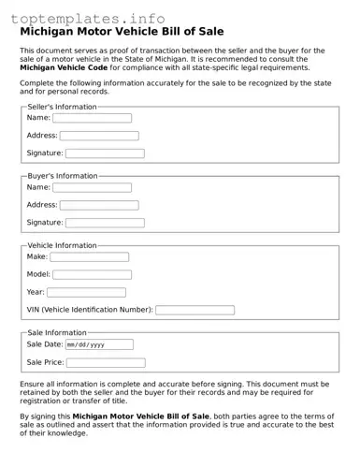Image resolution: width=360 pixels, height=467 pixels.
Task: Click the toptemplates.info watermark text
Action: click(x=88, y=19)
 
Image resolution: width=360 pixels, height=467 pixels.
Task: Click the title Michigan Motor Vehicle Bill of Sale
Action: click(x=122, y=32)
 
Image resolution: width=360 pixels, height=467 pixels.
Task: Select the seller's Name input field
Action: click(x=92, y=118)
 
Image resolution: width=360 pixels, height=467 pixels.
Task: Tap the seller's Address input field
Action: click(x=98, y=136)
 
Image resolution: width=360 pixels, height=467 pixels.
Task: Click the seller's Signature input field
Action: click(x=104, y=153)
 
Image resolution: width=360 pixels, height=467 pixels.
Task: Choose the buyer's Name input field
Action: click(x=92, y=187)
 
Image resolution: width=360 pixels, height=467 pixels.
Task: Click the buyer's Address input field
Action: click(x=98, y=205)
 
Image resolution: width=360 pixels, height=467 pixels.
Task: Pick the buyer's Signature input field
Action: click(x=104, y=223)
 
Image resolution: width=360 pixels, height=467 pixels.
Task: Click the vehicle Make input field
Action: click(x=89, y=256)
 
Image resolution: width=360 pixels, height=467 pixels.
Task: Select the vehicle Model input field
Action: click(x=92, y=274)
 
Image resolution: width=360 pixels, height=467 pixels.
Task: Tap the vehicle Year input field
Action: click(x=86, y=292)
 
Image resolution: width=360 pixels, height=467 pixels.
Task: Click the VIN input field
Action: click(x=194, y=310)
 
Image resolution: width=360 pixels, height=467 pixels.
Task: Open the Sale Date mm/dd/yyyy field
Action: click(x=98, y=344)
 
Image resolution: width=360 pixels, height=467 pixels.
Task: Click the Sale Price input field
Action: click(x=105, y=362)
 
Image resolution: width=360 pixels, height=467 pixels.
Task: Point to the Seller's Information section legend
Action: click(x=62, y=107)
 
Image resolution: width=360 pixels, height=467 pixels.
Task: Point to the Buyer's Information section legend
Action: click(x=63, y=176)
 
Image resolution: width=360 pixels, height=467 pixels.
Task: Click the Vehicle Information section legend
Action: click(x=62, y=245)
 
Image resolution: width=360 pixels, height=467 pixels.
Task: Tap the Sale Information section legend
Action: click(x=57, y=332)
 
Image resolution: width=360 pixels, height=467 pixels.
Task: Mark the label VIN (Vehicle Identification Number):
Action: click(x=89, y=310)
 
